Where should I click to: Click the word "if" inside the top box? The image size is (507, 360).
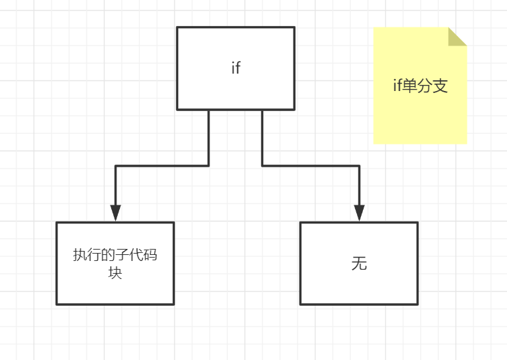coord(235,68)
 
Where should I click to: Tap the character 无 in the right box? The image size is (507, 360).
coord(359,264)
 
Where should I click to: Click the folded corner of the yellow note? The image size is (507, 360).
coord(457,36)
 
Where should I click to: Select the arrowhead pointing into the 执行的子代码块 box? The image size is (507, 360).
coord(115,213)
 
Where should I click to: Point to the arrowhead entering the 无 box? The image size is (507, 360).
coord(359,213)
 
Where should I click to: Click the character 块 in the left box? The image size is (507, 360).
coord(115,274)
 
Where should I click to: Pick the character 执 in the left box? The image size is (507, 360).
coord(80,255)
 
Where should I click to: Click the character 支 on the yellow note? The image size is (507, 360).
coord(439,86)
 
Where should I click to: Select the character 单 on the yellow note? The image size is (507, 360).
coord(409,86)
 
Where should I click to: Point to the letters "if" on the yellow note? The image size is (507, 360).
coord(396,86)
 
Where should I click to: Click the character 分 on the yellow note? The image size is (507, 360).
coord(424,86)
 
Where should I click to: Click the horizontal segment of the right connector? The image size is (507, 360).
coord(310,165)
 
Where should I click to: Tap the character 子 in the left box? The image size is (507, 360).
coord(123,255)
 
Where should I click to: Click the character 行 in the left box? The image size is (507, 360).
coord(94,255)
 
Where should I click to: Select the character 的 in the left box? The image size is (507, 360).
coord(108,255)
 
